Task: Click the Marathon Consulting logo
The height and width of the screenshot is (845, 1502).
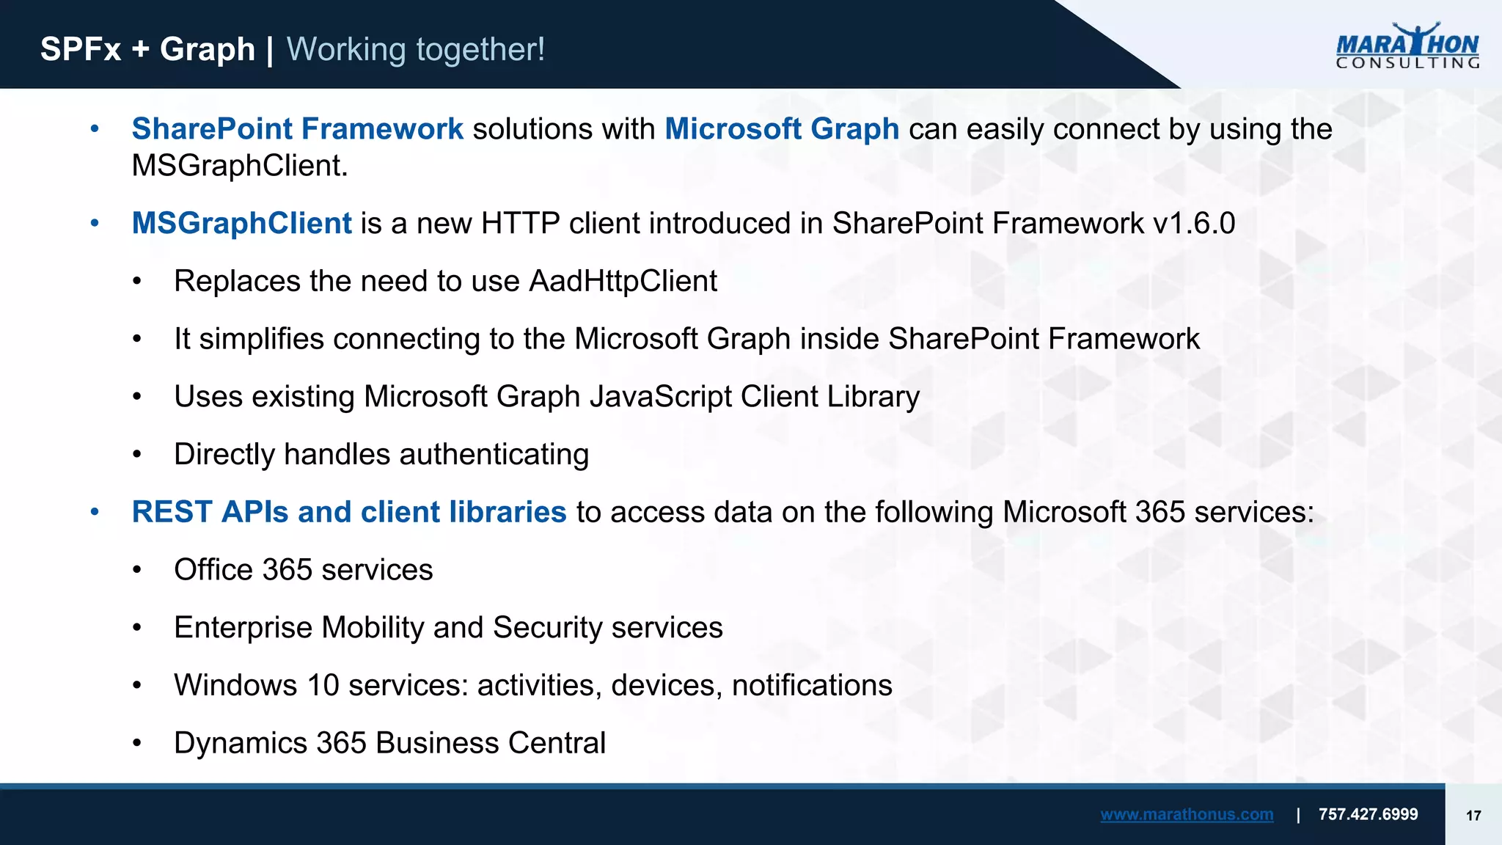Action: (x=1407, y=45)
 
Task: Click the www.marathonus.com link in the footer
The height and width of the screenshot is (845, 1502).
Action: (x=1186, y=814)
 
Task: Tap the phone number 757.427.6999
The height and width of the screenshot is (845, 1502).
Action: (x=1368, y=814)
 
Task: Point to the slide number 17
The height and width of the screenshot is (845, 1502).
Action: (x=1473, y=816)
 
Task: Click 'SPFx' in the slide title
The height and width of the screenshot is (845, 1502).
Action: (x=81, y=50)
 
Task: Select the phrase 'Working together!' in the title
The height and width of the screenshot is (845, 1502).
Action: (x=415, y=50)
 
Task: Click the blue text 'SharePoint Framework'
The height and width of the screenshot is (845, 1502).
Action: (x=297, y=129)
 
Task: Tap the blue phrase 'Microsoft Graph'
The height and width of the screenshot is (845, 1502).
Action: (x=782, y=129)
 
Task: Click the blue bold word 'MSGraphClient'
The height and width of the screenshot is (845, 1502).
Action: (x=241, y=223)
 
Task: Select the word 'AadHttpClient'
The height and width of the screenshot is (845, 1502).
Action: (x=623, y=281)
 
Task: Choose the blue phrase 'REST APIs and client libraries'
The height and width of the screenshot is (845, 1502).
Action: (x=349, y=512)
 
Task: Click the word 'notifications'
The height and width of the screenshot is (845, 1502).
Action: (x=812, y=685)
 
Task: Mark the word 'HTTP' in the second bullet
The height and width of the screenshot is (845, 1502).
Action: (x=520, y=223)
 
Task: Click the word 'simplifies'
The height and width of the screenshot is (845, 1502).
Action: (x=261, y=339)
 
